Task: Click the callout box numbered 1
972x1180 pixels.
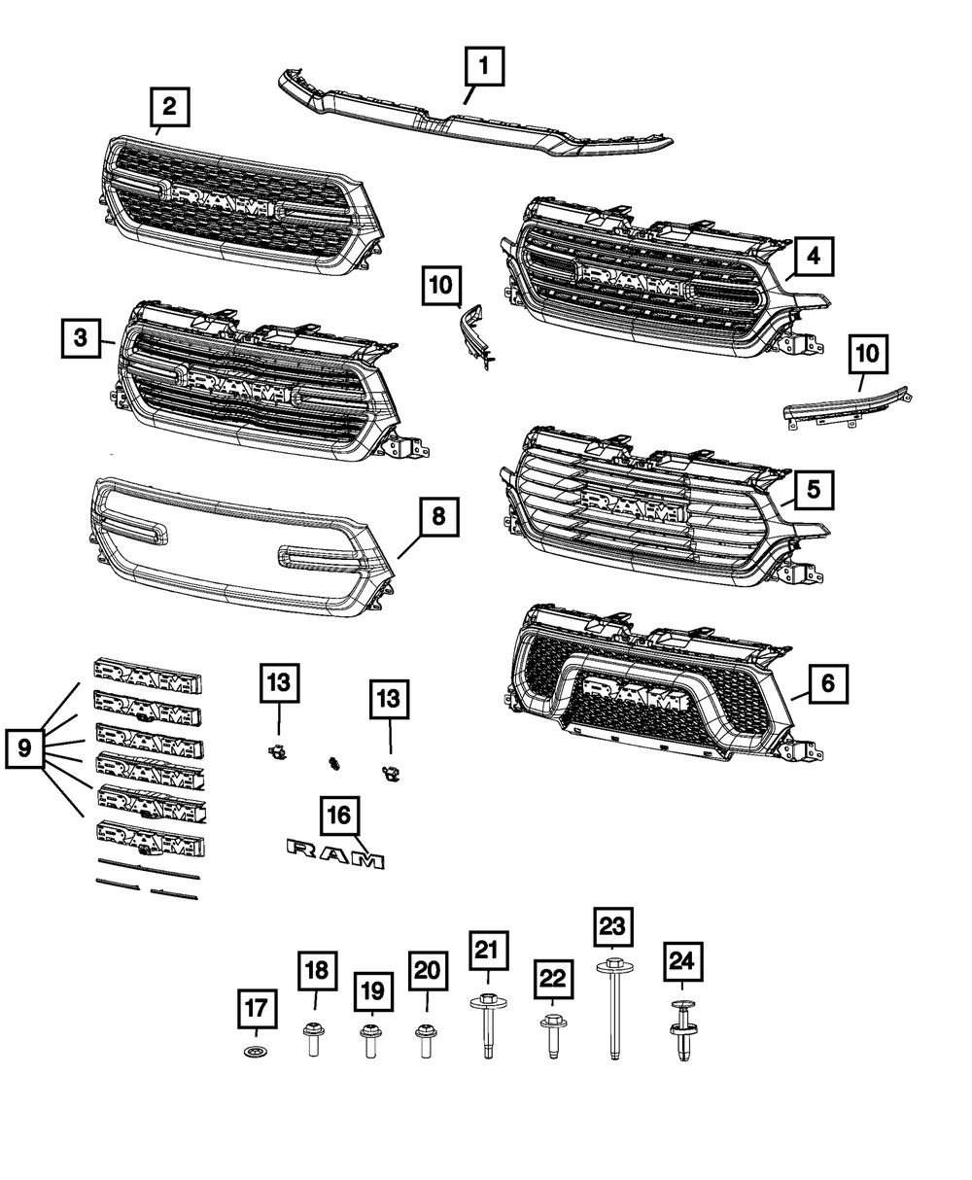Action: (x=483, y=70)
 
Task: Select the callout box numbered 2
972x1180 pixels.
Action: (x=169, y=107)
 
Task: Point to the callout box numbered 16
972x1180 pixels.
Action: (x=341, y=816)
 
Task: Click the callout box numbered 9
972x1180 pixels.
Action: (x=25, y=748)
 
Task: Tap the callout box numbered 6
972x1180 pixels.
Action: (x=827, y=684)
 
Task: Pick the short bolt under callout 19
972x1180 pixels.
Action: (x=370, y=1041)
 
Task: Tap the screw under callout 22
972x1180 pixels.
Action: (x=550, y=1036)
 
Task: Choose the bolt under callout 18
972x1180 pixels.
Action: (x=313, y=1039)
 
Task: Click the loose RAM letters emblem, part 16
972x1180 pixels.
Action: (x=335, y=855)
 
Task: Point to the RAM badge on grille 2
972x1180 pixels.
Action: (x=223, y=201)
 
